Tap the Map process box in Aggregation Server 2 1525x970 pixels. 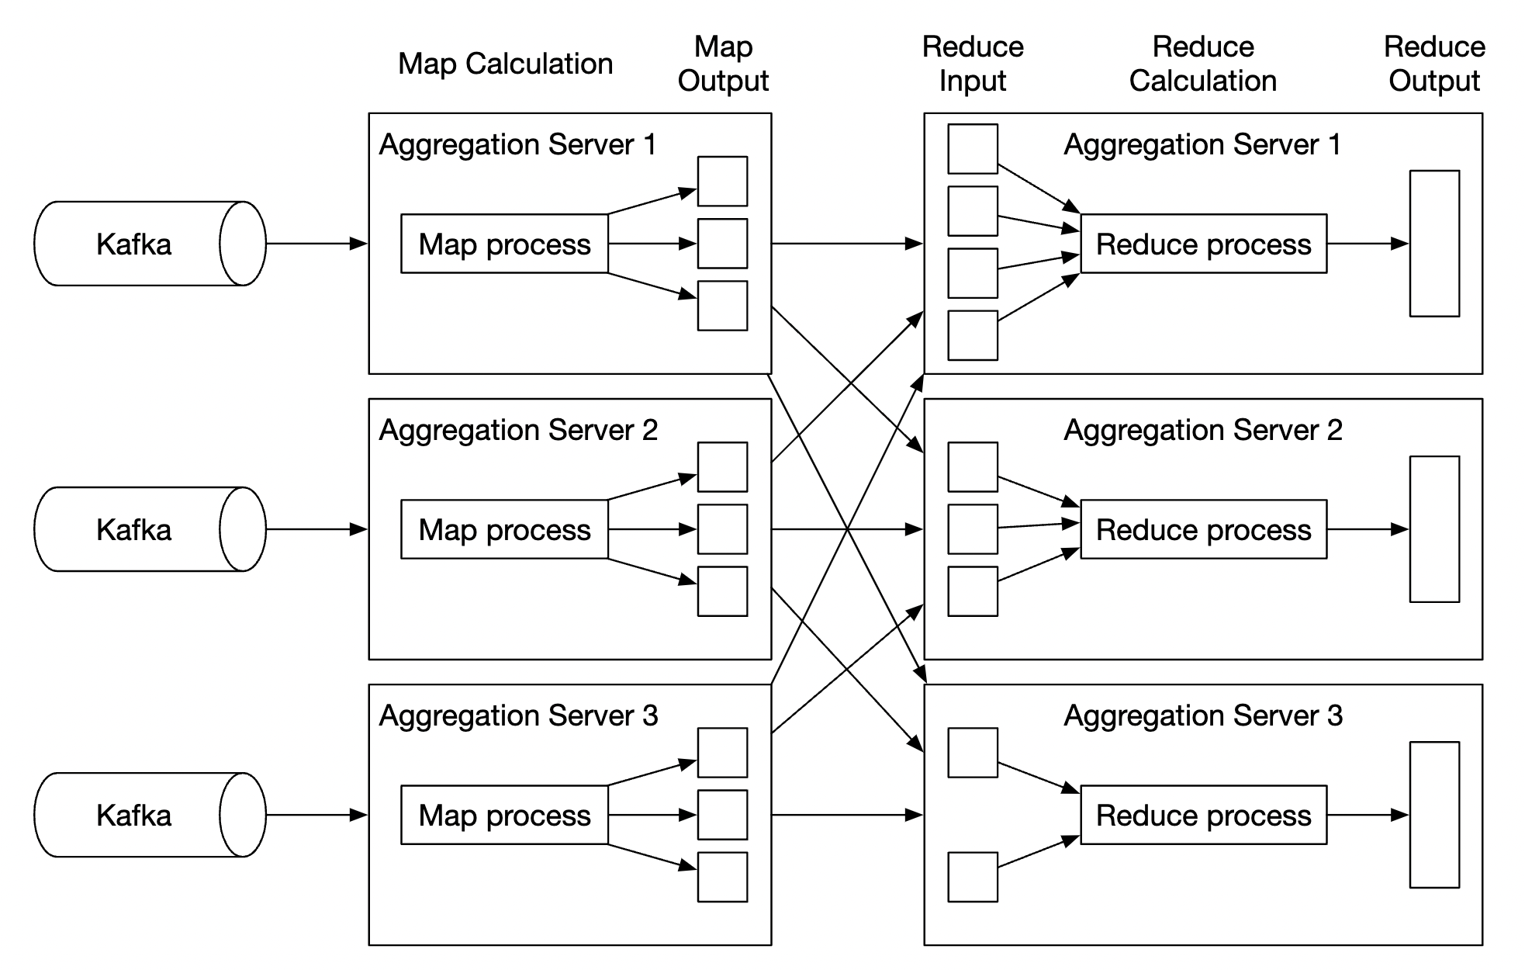(x=504, y=529)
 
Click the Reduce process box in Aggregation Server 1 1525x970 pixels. (x=1203, y=244)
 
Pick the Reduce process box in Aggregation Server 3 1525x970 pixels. (x=1203, y=815)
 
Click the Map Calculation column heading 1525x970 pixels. (x=505, y=64)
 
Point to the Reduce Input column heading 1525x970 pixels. (x=973, y=64)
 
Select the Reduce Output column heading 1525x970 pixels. (x=1434, y=64)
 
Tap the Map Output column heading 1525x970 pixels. (x=723, y=64)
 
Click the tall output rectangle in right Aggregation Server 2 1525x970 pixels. (x=1434, y=529)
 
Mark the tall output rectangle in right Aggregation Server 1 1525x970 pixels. (x=1434, y=244)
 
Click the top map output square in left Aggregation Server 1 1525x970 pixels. (x=722, y=182)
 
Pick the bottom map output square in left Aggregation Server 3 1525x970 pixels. (x=722, y=877)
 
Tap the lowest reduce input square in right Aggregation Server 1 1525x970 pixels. (x=973, y=335)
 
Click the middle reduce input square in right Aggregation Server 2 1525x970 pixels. (x=973, y=529)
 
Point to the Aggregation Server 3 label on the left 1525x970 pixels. (x=518, y=715)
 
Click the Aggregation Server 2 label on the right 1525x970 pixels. (x=1203, y=430)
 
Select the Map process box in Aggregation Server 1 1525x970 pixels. (x=504, y=244)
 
